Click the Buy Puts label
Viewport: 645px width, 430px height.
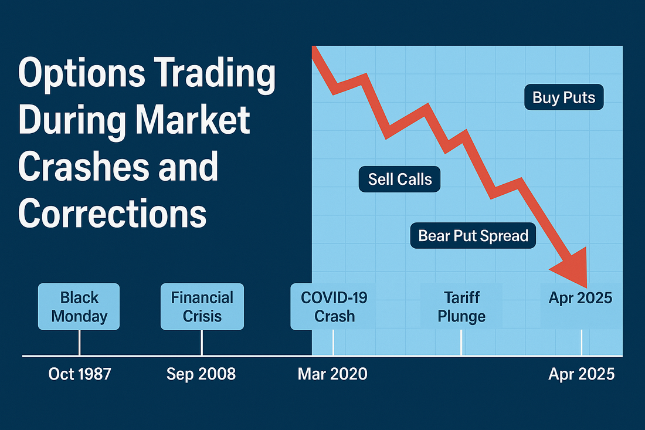point(563,97)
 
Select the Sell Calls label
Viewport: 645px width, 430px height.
point(400,179)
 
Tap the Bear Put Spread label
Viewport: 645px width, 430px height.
point(473,236)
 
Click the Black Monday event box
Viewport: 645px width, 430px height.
point(79,306)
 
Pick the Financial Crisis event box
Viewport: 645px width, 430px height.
point(202,306)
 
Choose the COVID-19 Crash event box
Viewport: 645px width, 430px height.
point(334,306)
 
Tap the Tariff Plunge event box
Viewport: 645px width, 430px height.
point(461,306)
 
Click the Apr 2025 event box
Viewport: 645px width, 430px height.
point(580,298)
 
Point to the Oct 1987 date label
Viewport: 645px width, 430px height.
point(79,374)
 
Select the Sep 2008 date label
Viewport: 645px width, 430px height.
point(201,374)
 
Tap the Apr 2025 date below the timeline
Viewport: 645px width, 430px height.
point(581,374)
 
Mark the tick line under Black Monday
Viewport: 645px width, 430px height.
point(79,343)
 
